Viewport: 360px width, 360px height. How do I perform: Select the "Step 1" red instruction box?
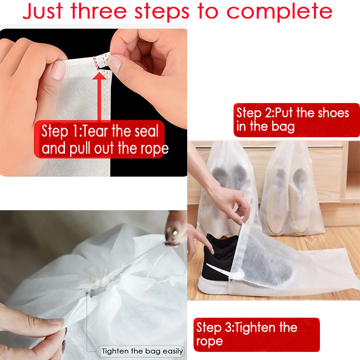point(101,139)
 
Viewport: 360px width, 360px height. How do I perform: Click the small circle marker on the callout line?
point(86,293)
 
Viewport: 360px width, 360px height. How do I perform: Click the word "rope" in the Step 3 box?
point(210,342)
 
